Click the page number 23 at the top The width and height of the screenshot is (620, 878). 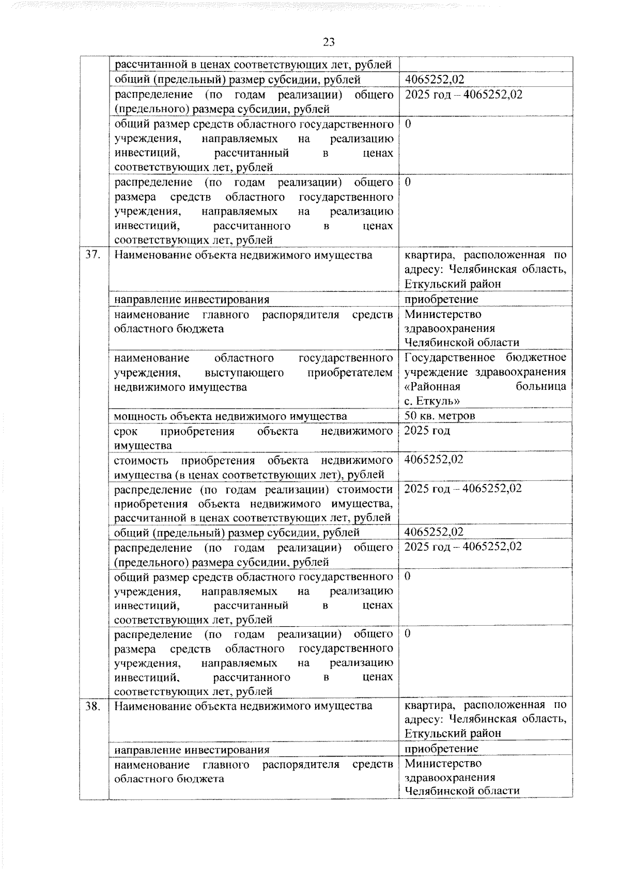[329, 42]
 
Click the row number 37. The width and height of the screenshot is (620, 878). [92, 255]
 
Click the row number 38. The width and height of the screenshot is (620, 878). [92, 705]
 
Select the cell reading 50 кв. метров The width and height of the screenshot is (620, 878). [440, 416]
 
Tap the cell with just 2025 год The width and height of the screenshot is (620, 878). [427, 431]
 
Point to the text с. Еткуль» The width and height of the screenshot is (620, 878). [432, 401]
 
